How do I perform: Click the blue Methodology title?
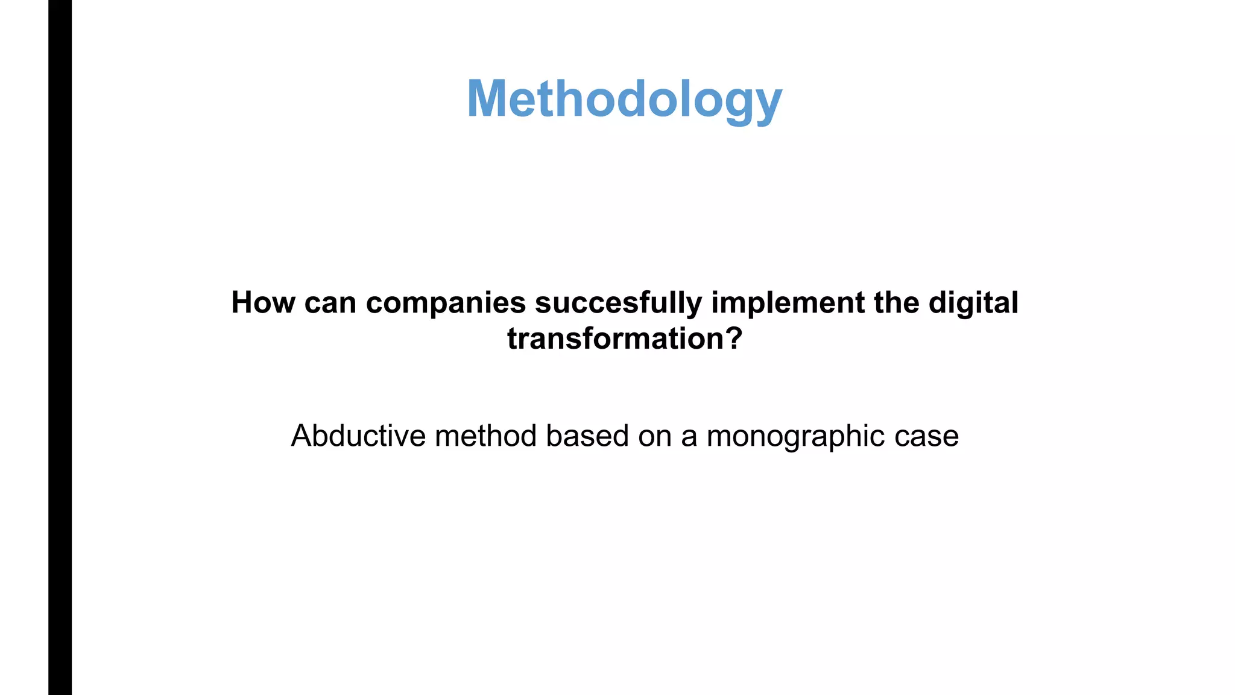coord(624,99)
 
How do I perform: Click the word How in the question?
coord(263,302)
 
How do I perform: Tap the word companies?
coord(446,302)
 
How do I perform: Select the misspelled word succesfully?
coord(618,302)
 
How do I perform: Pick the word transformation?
coord(614,338)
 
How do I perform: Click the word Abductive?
coord(358,436)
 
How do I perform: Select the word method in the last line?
coord(485,436)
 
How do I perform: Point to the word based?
coord(587,436)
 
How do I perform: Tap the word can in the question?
coord(330,303)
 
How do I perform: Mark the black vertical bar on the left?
coord(60,347)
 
